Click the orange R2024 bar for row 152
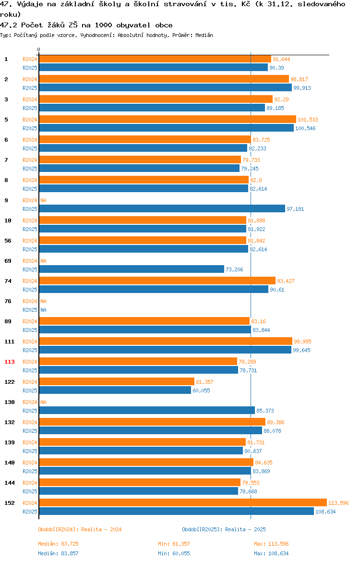[183, 502]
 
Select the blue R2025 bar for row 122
[115, 391]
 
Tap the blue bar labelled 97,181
[162, 208]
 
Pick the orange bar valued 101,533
[168, 119]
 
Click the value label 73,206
[234, 269]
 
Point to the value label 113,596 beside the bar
[338, 503]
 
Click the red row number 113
[9, 362]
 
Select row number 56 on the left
[8, 241]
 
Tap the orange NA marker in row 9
[43, 200]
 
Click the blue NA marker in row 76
[43, 310]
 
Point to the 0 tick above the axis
[39, 50]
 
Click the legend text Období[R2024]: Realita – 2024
[80, 529]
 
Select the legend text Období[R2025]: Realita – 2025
[224, 529]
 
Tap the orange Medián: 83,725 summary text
[59, 544]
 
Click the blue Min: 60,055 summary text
[174, 553]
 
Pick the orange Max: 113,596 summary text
[271, 544]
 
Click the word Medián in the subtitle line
[204, 35]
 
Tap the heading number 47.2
[9, 25]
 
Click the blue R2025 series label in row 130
[30, 411]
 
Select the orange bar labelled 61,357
[117, 381]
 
